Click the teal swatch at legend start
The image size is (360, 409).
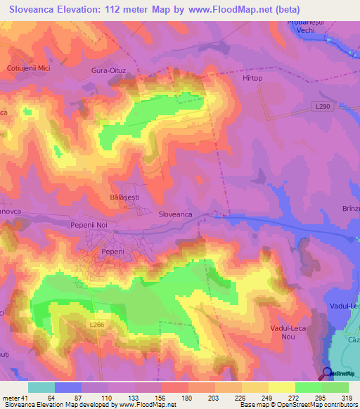pyautogui.click(x=41, y=387)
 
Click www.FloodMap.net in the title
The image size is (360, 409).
pyautogui.click(x=225, y=10)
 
